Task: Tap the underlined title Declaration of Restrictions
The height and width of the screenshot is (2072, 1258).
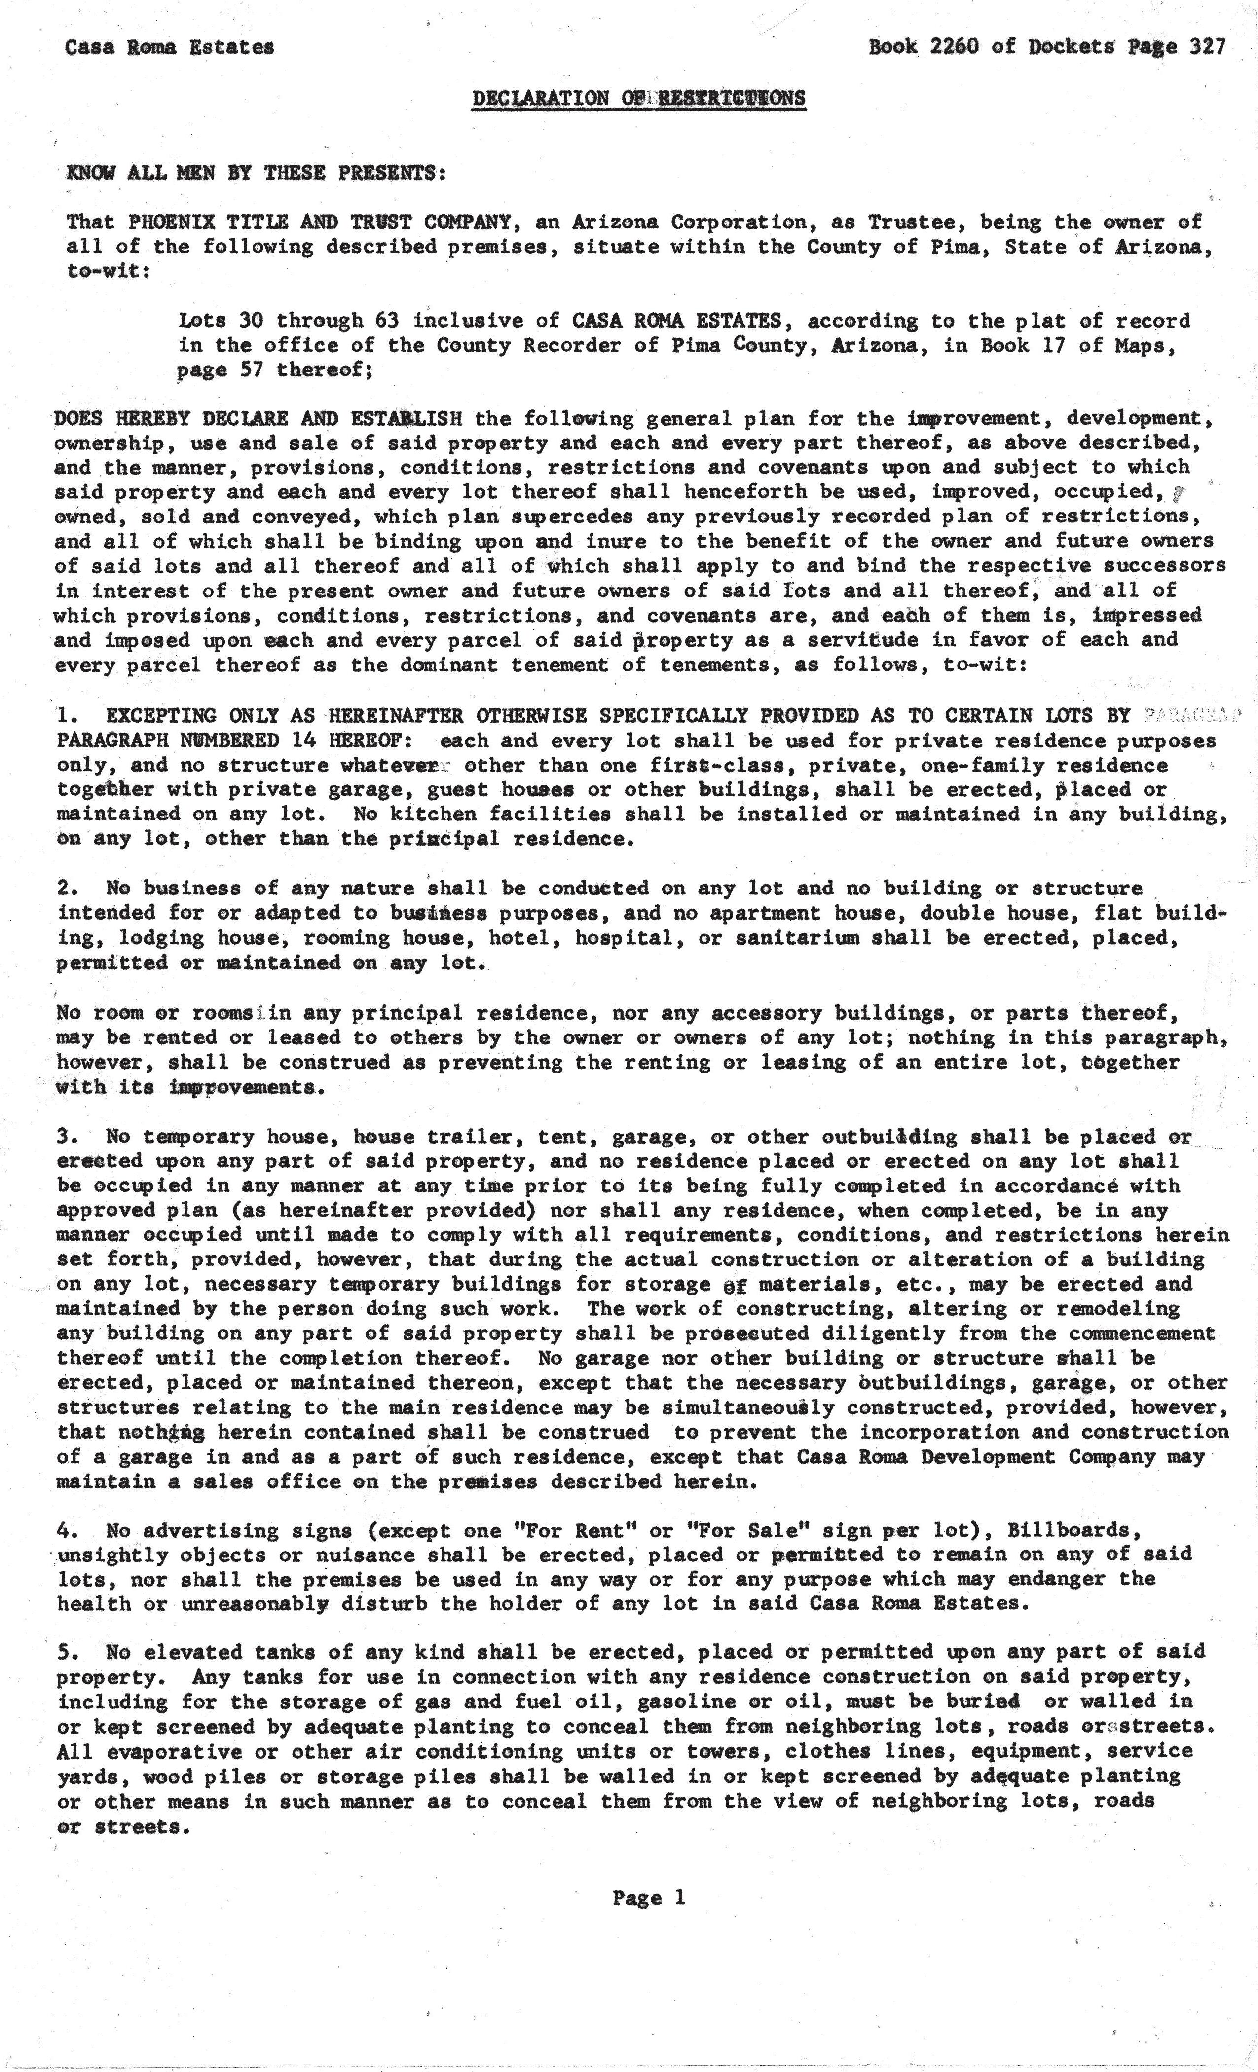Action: [x=638, y=98]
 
